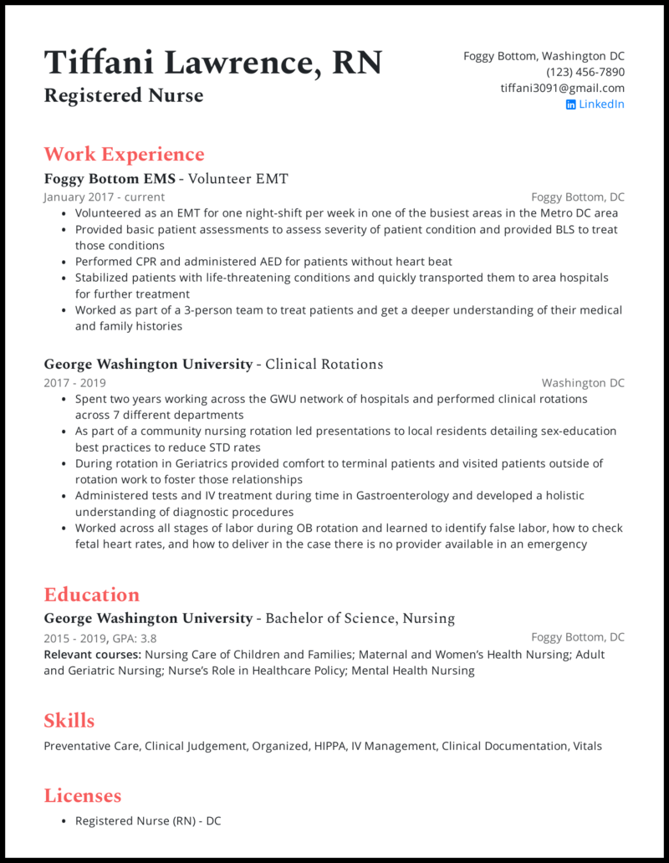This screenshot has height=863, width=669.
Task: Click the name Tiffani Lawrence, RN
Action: pyautogui.click(x=212, y=63)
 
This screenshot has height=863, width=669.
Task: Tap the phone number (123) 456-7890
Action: pyautogui.click(x=585, y=72)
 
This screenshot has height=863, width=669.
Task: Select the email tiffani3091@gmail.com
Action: pyautogui.click(x=562, y=88)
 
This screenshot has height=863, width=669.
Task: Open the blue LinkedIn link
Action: pyautogui.click(x=601, y=104)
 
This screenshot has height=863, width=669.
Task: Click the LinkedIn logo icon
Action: pyautogui.click(x=570, y=105)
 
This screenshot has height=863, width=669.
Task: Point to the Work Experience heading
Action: pyautogui.click(x=124, y=154)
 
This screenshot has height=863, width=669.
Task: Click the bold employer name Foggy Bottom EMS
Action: pyautogui.click(x=110, y=178)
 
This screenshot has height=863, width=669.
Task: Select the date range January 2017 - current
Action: pyautogui.click(x=104, y=197)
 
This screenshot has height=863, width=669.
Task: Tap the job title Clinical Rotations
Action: pyautogui.click(x=324, y=364)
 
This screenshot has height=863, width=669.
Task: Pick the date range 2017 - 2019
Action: pyautogui.click(x=74, y=383)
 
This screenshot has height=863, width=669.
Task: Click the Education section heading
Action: pyautogui.click(x=91, y=595)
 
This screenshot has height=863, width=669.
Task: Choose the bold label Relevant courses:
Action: pyautogui.click(x=92, y=654)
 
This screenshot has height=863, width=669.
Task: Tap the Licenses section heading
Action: pyautogui.click(x=82, y=795)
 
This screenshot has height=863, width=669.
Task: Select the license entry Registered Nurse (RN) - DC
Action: pyautogui.click(x=148, y=821)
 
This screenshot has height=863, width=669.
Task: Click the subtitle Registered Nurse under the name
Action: pyautogui.click(x=123, y=95)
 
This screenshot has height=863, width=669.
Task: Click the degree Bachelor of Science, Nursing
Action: pyautogui.click(x=360, y=618)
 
